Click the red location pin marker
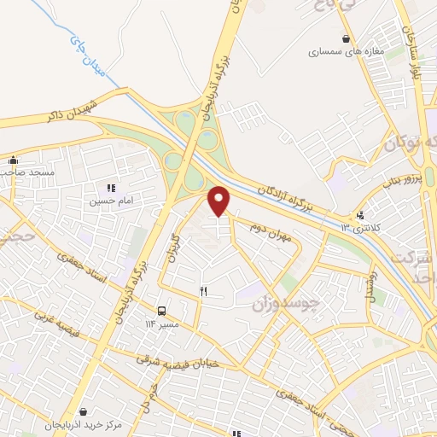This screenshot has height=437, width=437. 219,201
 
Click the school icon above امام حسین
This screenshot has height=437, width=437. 110,188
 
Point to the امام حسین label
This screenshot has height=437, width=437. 110,202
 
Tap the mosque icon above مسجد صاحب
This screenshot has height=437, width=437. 13,160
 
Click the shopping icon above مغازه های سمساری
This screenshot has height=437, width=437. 346,38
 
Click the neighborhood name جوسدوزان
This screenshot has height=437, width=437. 286,300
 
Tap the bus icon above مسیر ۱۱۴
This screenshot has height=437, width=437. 161,310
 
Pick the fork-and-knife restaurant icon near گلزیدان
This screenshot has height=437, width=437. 203,290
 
